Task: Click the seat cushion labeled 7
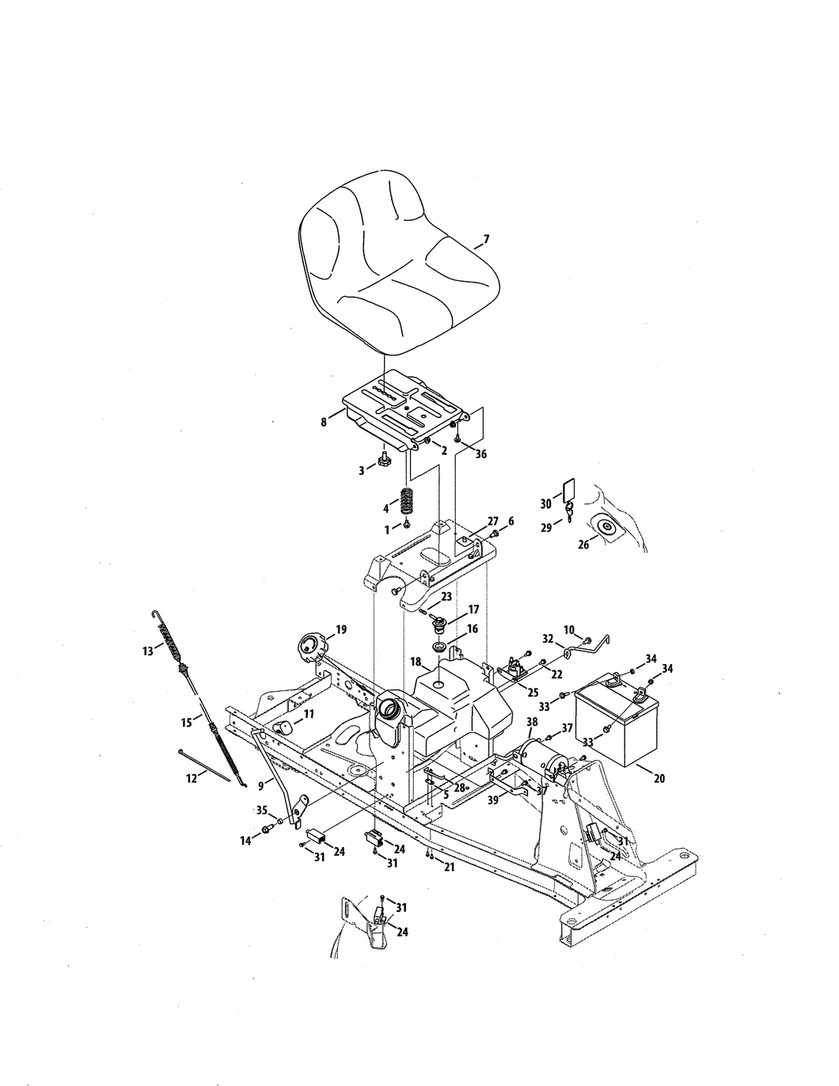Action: pos(396,269)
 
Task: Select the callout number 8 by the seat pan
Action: pos(324,423)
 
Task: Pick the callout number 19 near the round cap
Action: pos(340,630)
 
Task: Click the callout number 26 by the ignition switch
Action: pos(583,545)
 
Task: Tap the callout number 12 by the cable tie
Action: pos(191,779)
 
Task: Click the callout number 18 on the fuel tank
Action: pos(415,660)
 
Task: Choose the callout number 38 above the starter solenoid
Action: pos(532,722)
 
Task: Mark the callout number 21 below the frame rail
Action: pos(450,868)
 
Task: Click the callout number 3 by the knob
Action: pos(362,469)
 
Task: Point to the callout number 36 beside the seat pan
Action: pos(480,454)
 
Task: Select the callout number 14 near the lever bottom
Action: pos(245,841)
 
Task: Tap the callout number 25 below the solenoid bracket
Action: pos(533,692)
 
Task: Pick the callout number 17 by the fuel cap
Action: pos(473,609)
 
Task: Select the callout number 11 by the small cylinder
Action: pos(308,713)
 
